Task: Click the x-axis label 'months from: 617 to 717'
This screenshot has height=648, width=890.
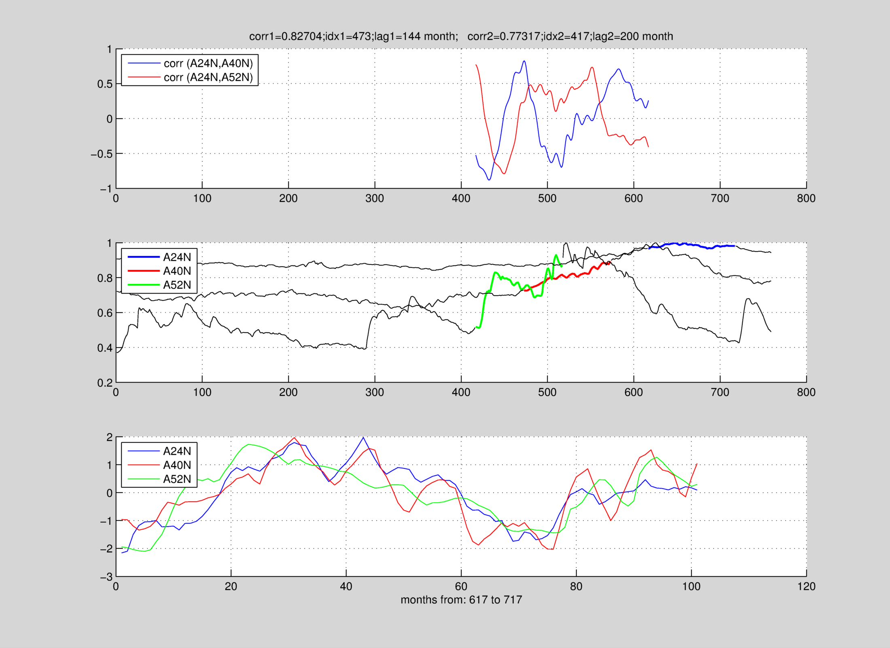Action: coord(461,599)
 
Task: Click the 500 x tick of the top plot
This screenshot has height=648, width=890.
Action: coord(547,198)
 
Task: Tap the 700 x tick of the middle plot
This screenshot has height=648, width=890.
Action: coord(720,392)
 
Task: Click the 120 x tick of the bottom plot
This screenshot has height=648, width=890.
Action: coord(806,587)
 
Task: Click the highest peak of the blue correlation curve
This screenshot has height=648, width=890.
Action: coord(524,61)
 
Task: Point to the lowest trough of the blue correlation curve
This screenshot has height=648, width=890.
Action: coord(489,180)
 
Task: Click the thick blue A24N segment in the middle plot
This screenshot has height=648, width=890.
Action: coord(688,245)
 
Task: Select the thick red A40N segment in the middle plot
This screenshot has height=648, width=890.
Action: coord(566,276)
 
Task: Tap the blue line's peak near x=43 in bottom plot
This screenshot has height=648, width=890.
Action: coord(363,437)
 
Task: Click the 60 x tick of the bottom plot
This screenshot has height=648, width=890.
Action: coord(461,587)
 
